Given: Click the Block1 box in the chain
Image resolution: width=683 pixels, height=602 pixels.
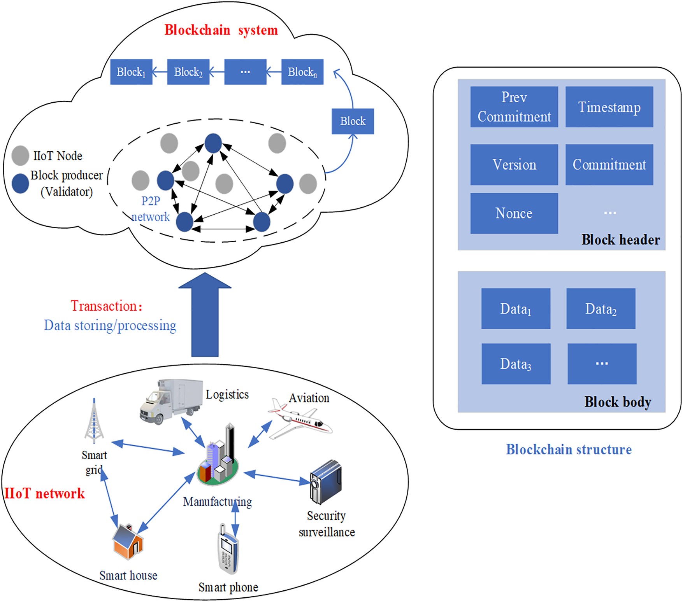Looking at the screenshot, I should [131, 72].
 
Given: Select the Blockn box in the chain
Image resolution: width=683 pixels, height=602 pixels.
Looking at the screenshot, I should [302, 72].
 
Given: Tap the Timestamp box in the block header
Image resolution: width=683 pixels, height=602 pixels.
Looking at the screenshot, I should [609, 107].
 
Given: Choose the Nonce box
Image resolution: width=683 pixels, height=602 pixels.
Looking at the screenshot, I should [514, 213].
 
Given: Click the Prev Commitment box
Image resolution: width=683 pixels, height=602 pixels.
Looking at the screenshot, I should [514, 107].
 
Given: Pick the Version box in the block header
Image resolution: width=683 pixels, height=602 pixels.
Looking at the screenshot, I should [514, 164].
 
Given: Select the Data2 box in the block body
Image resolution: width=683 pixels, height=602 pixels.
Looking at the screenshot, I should [600, 309].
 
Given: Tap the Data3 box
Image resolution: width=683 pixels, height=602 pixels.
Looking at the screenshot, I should [516, 364].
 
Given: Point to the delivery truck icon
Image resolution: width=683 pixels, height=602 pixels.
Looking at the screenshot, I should [170, 401].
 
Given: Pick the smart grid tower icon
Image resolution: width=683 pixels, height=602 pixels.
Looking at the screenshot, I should [94, 422].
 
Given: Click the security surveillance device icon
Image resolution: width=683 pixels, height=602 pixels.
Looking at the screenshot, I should [326, 482].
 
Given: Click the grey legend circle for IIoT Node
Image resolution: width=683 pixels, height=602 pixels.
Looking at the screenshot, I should [20, 156].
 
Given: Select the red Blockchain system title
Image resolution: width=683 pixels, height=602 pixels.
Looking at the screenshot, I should [221, 30].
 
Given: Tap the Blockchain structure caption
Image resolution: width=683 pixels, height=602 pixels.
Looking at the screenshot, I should [568, 450].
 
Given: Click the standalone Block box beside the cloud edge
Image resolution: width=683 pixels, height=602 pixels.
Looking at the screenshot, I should [353, 121].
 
